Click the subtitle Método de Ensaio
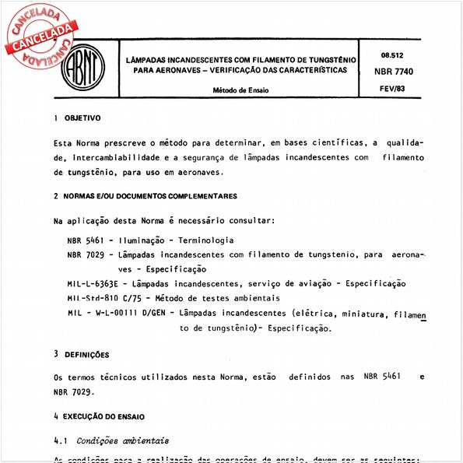pos(240,90)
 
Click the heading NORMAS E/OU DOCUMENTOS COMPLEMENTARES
pos(150,196)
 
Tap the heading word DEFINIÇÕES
pos(86,355)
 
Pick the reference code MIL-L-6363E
pos(98,284)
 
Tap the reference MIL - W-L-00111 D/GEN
pos(117,314)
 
